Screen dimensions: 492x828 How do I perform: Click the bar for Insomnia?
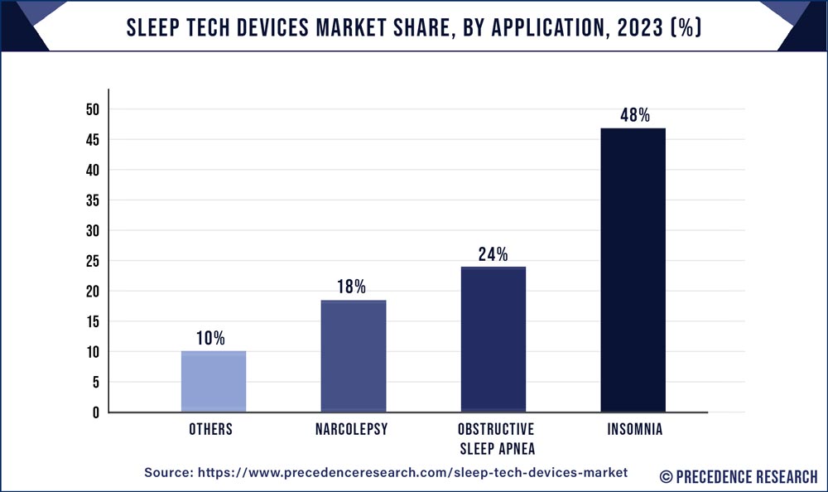tap(633, 270)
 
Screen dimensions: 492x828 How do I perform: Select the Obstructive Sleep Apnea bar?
tap(493, 339)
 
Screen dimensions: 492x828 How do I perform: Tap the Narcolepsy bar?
tap(354, 355)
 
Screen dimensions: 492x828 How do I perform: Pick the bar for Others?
tap(214, 381)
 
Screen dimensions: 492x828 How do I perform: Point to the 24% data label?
tap(493, 254)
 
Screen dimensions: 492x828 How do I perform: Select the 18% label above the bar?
tap(353, 287)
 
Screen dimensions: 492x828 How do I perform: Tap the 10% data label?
tap(212, 338)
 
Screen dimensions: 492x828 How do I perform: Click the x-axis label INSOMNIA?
tap(633, 430)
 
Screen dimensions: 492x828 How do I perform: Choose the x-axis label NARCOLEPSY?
tap(354, 430)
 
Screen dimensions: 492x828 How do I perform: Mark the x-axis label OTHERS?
tap(212, 430)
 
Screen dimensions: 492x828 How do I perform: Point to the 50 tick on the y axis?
tap(92, 109)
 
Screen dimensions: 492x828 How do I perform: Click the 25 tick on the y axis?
tap(92, 261)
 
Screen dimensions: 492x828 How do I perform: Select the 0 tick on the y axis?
tap(95, 412)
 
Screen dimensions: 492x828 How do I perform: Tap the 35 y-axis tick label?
tap(92, 200)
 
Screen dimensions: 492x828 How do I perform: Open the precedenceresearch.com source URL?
tap(413, 471)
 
